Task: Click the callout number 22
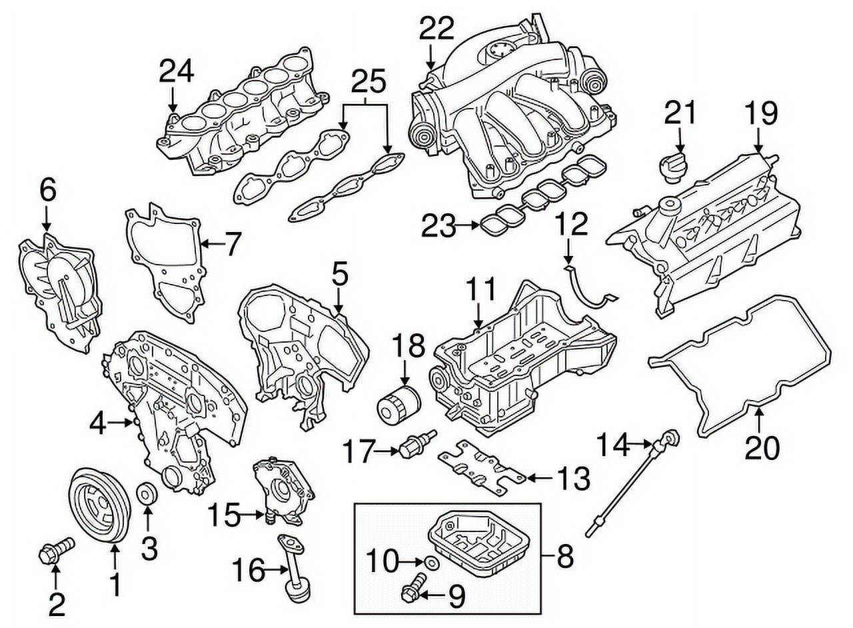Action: click(437, 27)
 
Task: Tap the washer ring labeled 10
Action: click(432, 564)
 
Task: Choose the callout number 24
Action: click(176, 71)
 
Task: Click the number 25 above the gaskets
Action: click(368, 82)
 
